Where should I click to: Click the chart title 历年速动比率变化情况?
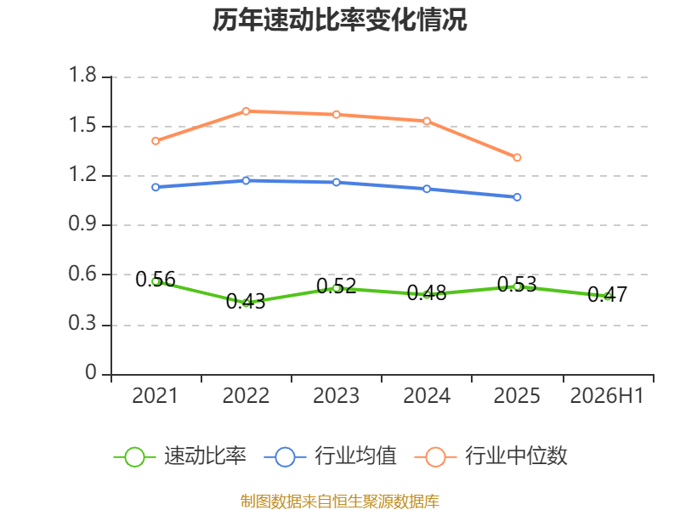pyautogui.click(x=339, y=20)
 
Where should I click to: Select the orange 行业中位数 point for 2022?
pyautogui.click(x=246, y=111)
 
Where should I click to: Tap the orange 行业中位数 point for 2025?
pyautogui.click(x=517, y=157)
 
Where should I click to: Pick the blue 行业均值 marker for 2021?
pyautogui.click(x=156, y=187)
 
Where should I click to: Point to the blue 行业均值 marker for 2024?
pyautogui.click(x=427, y=189)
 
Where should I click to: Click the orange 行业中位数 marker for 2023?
pyautogui.click(x=336, y=115)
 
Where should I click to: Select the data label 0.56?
pyautogui.click(x=156, y=280)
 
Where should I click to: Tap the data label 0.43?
pyautogui.click(x=246, y=302)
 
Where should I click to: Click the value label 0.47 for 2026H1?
pyautogui.click(x=607, y=294)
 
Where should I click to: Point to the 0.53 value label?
pyautogui.click(x=517, y=285)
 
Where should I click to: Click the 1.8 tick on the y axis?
pyautogui.click(x=82, y=75)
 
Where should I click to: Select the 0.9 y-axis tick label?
pyautogui.click(x=82, y=224)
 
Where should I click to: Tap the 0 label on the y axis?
pyautogui.click(x=91, y=372)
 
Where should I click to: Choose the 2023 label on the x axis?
pyautogui.click(x=336, y=396)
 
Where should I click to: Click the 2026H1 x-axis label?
pyautogui.click(x=607, y=396)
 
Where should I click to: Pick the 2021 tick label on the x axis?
pyautogui.click(x=156, y=396)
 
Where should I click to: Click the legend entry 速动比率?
pyautogui.click(x=179, y=456)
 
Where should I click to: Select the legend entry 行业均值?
pyautogui.click(x=330, y=456)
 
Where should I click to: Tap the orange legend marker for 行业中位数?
pyautogui.click(x=435, y=457)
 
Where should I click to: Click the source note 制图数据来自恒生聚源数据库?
pyautogui.click(x=340, y=501)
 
